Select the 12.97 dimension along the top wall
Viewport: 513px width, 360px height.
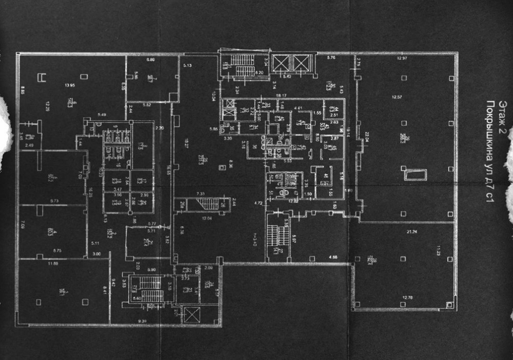tap(402, 58)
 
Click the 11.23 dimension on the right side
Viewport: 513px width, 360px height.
tap(439, 252)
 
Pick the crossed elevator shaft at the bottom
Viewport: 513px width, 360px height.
tap(191, 314)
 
